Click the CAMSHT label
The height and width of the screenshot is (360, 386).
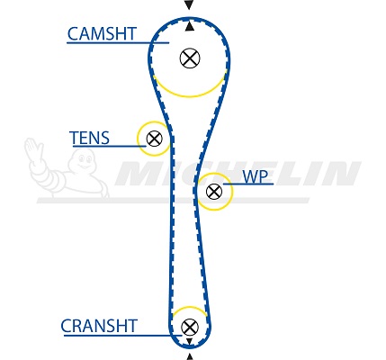click(102, 34)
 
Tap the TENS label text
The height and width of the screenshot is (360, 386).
click(89, 138)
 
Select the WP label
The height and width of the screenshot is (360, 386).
click(255, 176)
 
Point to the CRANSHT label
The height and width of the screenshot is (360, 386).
click(99, 326)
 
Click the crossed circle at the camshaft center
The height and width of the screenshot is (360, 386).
click(190, 58)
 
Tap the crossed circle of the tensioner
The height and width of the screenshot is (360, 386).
click(155, 139)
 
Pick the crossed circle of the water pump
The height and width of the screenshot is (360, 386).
click(214, 192)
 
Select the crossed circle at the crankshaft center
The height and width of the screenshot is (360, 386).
click(190, 327)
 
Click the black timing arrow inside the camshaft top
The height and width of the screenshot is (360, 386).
click(189, 26)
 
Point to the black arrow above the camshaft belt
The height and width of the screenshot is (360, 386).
click(189, 4)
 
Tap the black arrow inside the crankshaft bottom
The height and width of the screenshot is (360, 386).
click(189, 341)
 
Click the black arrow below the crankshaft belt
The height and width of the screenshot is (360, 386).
click(189, 356)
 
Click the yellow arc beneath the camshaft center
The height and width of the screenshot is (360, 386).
click(189, 96)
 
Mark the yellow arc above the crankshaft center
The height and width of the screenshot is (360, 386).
click(190, 307)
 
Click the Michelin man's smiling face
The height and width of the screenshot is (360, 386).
click(84, 160)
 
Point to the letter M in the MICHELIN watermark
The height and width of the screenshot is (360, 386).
click(141, 173)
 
